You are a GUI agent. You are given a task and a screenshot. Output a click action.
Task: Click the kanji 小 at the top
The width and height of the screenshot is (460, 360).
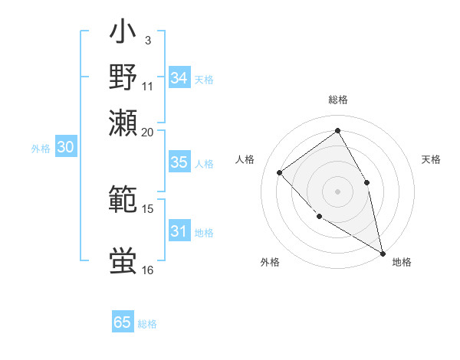[123, 35]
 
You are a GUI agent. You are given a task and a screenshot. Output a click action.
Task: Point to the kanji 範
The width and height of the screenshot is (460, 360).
[123, 200]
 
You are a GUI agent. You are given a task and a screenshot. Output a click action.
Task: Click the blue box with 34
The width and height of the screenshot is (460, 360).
[179, 78]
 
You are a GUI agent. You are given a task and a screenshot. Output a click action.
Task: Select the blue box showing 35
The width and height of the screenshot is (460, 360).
[179, 162]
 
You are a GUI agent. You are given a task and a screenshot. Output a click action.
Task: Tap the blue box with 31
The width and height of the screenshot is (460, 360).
[179, 231]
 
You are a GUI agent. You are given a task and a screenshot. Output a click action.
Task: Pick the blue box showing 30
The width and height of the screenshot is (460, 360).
[65, 148]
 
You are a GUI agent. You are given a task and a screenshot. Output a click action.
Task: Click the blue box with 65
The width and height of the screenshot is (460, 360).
[123, 322]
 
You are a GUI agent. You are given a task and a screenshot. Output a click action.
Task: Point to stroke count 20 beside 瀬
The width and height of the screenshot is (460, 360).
[147, 132]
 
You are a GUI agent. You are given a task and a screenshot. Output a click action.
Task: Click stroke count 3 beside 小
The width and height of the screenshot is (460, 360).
[147, 39]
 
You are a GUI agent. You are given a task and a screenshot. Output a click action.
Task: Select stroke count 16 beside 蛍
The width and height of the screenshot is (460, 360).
[147, 270]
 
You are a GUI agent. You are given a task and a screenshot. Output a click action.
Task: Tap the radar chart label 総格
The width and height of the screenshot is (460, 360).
[337, 100]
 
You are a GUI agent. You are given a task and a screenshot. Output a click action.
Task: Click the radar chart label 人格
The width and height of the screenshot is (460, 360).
[245, 159]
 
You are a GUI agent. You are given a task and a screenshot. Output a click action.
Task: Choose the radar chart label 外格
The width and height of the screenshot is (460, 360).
[270, 262]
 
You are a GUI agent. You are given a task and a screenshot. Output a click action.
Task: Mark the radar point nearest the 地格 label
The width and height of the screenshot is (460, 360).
[383, 252]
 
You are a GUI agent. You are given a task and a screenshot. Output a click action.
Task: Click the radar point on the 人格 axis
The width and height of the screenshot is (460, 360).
[280, 172]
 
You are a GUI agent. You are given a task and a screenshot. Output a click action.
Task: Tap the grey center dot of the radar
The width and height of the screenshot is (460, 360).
[337, 191]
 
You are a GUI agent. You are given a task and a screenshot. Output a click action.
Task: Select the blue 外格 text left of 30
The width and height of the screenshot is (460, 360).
[40, 149]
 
